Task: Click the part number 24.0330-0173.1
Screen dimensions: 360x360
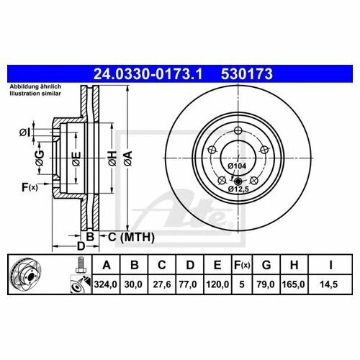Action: (148, 74)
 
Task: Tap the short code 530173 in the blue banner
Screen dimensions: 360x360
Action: (247, 74)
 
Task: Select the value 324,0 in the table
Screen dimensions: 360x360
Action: (105, 284)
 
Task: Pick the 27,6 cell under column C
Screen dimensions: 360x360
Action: (162, 284)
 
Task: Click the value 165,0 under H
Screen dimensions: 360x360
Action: (293, 284)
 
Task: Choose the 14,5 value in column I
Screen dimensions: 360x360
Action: (328, 284)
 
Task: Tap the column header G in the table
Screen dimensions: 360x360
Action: (266, 265)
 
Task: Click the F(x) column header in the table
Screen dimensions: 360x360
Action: (242, 265)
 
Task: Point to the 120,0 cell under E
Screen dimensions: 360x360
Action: (217, 284)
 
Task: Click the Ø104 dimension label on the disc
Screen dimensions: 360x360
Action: (237, 166)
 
